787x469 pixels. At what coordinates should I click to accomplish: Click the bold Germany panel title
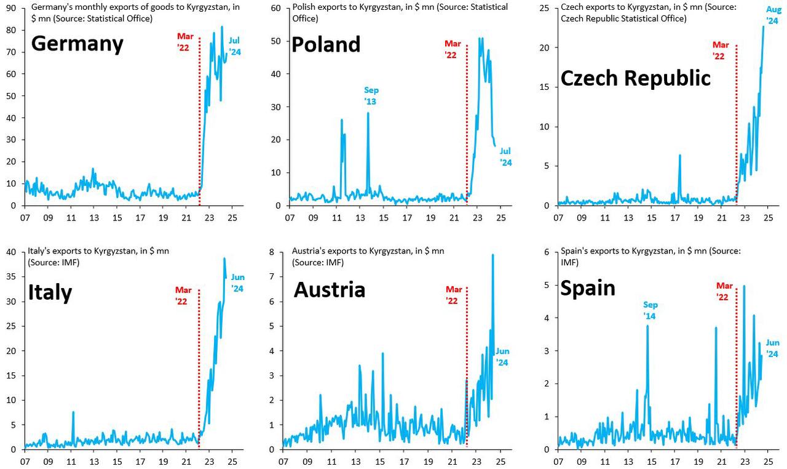(77, 44)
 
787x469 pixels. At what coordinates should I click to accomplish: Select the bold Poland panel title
(326, 44)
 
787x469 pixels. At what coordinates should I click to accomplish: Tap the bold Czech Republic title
(636, 78)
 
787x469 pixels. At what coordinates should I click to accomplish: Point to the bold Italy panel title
(50, 292)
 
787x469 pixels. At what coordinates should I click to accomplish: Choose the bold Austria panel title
(330, 289)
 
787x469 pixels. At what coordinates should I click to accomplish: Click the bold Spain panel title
(587, 288)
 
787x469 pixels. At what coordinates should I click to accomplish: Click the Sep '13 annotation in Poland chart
(370, 95)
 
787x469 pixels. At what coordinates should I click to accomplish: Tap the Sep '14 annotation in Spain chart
(651, 310)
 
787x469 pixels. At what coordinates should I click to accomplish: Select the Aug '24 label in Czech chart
(773, 15)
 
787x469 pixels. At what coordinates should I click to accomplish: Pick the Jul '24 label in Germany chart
(235, 47)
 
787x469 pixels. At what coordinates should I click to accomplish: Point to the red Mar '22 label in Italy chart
(184, 295)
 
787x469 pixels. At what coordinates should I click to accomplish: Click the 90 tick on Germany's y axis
(12, 8)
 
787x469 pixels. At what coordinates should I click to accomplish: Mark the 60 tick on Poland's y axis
(276, 8)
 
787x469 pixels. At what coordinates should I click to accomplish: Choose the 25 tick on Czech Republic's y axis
(544, 8)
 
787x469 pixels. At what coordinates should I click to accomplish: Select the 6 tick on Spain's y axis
(546, 252)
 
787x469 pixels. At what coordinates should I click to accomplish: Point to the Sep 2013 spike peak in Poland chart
(368, 113)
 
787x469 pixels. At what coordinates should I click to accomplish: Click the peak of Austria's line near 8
(492, 255)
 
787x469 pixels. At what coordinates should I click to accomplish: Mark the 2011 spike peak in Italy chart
(73, 412)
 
